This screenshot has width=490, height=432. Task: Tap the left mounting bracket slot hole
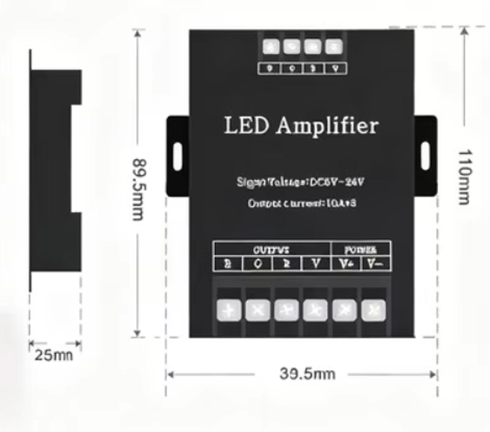tap(177, 156)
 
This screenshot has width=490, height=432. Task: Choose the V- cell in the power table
tap(375, 264)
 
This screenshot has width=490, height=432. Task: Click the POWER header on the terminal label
tap(361, 250)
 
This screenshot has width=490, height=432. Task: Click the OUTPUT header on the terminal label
tap(271, 250)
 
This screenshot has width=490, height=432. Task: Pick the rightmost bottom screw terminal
tap(372, 310)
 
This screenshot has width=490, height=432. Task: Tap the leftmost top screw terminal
tap(270, 47)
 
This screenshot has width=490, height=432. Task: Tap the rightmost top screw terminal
tap(333, 47)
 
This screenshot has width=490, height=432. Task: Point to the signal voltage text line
tap(301, 182)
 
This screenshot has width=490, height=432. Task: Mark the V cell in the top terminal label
tap(334, 69)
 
